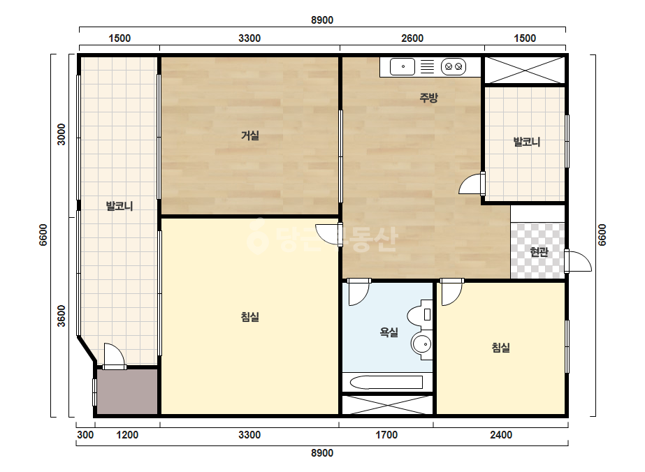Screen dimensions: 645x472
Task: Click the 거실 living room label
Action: click(250, 135)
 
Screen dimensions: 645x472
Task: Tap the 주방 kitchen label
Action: click(428, 98)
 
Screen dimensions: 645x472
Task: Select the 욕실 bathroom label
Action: click(389, 332)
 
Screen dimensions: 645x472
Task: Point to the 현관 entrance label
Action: click(539, 251)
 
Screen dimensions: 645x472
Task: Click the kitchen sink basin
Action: click(403, 66)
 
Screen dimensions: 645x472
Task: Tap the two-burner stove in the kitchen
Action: click(454, 66)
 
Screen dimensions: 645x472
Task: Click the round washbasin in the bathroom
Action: click(421, 344)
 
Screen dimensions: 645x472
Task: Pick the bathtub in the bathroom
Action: click(386, 383)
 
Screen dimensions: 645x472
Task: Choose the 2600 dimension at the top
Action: click(412, 38)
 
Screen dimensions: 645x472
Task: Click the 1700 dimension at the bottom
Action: click(386, 434)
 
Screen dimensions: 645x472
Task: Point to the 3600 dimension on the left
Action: click(61, 316)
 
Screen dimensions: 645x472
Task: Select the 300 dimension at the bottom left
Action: click(85, 434)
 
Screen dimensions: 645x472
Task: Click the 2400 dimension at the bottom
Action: click(501, 434)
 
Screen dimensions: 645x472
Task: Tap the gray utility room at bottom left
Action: click(127, 392)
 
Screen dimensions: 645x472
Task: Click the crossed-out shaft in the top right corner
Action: click(525, 70)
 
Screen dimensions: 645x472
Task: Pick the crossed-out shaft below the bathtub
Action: click(388, 405)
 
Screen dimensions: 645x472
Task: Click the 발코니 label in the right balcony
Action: click(526, 142)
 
